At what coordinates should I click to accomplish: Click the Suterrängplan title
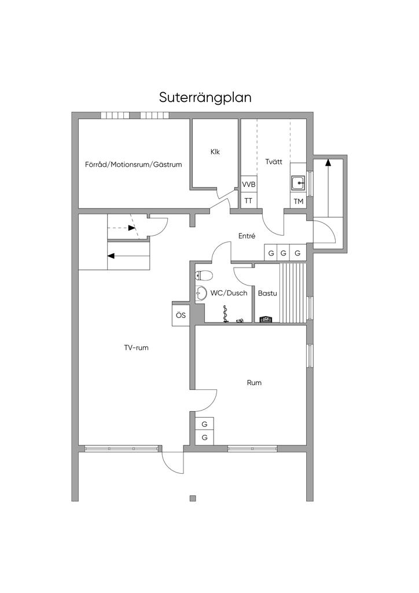click(x=205, y=96)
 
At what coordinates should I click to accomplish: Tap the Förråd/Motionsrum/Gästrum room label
click(x=133, y=164)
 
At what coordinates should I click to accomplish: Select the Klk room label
click(x=215, y=152)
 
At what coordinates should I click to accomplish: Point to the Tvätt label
click(x=274, y=162)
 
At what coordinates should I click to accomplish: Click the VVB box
click(x=249, y=184)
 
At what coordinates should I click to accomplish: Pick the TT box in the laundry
click(x=249, y=201)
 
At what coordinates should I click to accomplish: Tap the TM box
click(x=299, y=202)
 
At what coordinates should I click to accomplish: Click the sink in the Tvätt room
click(x=299, y=184)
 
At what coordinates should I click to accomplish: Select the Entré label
click(x=247, y=236)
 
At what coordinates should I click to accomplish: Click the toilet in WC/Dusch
click(x=204, y=274)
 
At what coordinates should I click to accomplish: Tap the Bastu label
click(x=267, y=293)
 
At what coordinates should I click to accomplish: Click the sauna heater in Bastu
click(x=266, y=319)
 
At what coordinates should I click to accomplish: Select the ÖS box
click(x=181, y=315)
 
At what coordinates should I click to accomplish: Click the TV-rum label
click(x=137, y=348)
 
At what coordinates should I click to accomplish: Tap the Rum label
click(x=254, y=383)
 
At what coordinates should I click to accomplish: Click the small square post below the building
click(x=193, y=498)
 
